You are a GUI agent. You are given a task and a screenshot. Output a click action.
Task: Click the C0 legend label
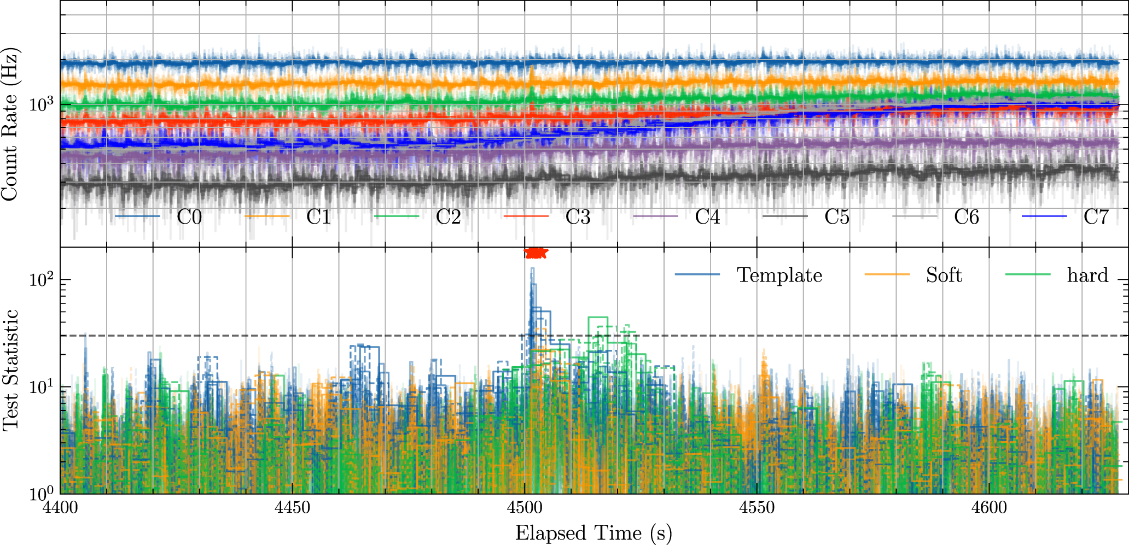189,217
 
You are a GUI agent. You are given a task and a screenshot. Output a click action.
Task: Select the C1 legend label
318,217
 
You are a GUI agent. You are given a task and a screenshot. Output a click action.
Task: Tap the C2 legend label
448,217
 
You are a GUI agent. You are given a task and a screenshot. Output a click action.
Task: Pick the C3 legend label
578,217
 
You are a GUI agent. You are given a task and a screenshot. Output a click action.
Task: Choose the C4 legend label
707,217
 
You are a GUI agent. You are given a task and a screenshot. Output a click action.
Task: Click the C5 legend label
837,217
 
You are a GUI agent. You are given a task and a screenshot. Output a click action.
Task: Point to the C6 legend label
967,217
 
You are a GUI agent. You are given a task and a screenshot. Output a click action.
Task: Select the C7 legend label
1096,217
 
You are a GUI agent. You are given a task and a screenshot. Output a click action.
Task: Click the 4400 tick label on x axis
60,507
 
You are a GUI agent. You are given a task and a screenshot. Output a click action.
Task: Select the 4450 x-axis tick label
292,507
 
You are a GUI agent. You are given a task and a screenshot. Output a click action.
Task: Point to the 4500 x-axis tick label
525,507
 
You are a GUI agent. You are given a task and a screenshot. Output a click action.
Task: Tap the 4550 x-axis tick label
757,507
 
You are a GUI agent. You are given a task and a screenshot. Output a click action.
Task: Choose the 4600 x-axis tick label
990,507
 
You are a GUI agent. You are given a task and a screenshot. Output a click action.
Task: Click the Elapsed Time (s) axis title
593,532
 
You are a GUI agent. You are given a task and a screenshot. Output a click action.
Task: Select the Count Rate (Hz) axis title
10,124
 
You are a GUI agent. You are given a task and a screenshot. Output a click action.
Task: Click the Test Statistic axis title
10,371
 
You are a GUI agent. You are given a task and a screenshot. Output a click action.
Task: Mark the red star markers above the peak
536,253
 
